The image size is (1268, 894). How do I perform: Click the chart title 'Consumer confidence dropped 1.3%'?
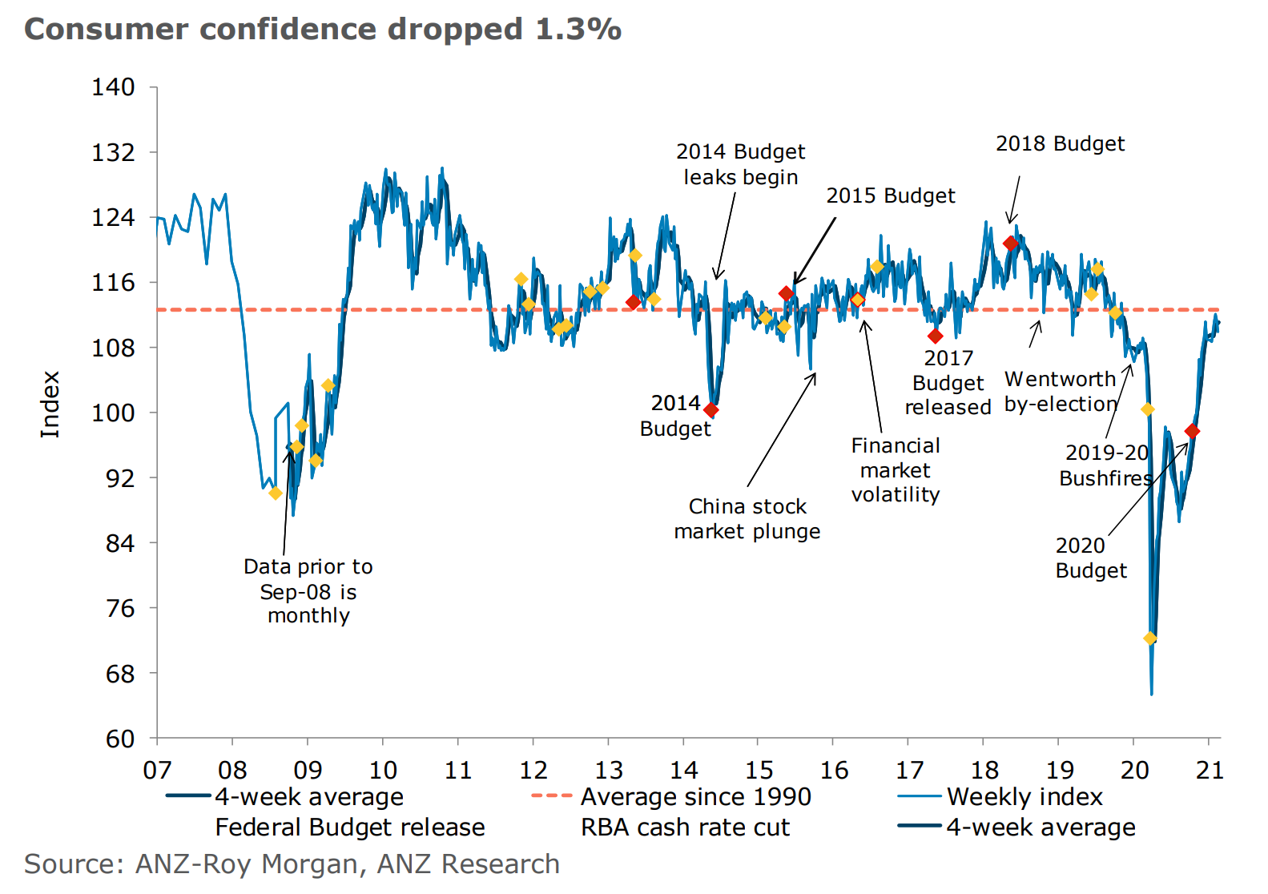[x=323, y=29]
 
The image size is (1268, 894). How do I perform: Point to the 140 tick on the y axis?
[x=113, y=87]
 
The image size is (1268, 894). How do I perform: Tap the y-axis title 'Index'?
[x=50, y=404]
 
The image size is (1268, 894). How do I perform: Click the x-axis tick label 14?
[x=683, y=770]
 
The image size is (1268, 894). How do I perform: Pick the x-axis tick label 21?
[x=1210, y=770]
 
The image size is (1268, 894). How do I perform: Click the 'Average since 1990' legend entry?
[x=695, y=797]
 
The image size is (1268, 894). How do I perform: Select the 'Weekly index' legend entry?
[x=1024, y=797]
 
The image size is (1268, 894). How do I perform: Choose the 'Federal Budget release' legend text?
[x=350, y=827]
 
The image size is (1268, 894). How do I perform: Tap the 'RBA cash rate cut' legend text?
[x=685, y=827]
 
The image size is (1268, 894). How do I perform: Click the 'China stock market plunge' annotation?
[x=747, y=518]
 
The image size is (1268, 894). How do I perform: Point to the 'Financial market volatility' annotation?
[x=896, y=469]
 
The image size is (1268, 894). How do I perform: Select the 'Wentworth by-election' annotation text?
[x=1061, y=391]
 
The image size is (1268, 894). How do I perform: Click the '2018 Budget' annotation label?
[x=1060, y=143]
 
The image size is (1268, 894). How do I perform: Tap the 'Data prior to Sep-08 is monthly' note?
[x=308, y=591]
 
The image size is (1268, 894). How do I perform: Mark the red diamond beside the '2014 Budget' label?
[x=710, y=410]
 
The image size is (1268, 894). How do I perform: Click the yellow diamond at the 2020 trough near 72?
[x=1150, y=638]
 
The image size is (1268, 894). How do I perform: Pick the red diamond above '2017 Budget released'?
[x=935, y=336]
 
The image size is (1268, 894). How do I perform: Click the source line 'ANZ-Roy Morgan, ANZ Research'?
[x=292, y=864]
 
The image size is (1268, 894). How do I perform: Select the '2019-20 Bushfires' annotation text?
[x=1106, y=465]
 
